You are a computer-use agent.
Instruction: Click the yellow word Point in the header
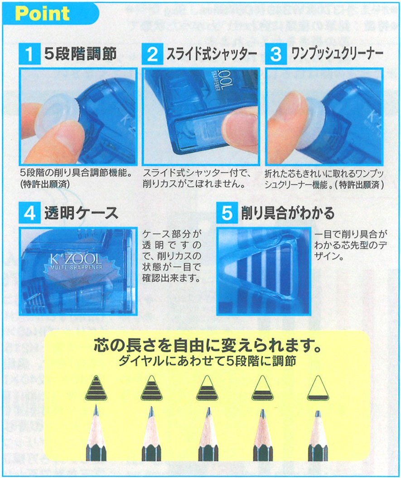click(x=42, y=14)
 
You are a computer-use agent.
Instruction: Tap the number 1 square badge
click(x=29, y=54)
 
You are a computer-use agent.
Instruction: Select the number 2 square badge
click(x=153, y=54)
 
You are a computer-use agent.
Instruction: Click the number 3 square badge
click(x=275, y=54)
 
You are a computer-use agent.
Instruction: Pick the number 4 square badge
click(x=29, y=213)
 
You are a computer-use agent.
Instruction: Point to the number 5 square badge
click(x=227, y=213)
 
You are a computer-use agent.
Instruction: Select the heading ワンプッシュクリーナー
click(x=334, y=54)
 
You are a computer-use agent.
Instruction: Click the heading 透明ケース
click(x=81, y=213)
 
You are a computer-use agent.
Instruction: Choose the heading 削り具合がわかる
click(x=287, y=213)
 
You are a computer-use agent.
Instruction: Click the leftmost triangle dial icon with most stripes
click(x=96, y=389)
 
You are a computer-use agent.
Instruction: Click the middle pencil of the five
click(x=208, y=435)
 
